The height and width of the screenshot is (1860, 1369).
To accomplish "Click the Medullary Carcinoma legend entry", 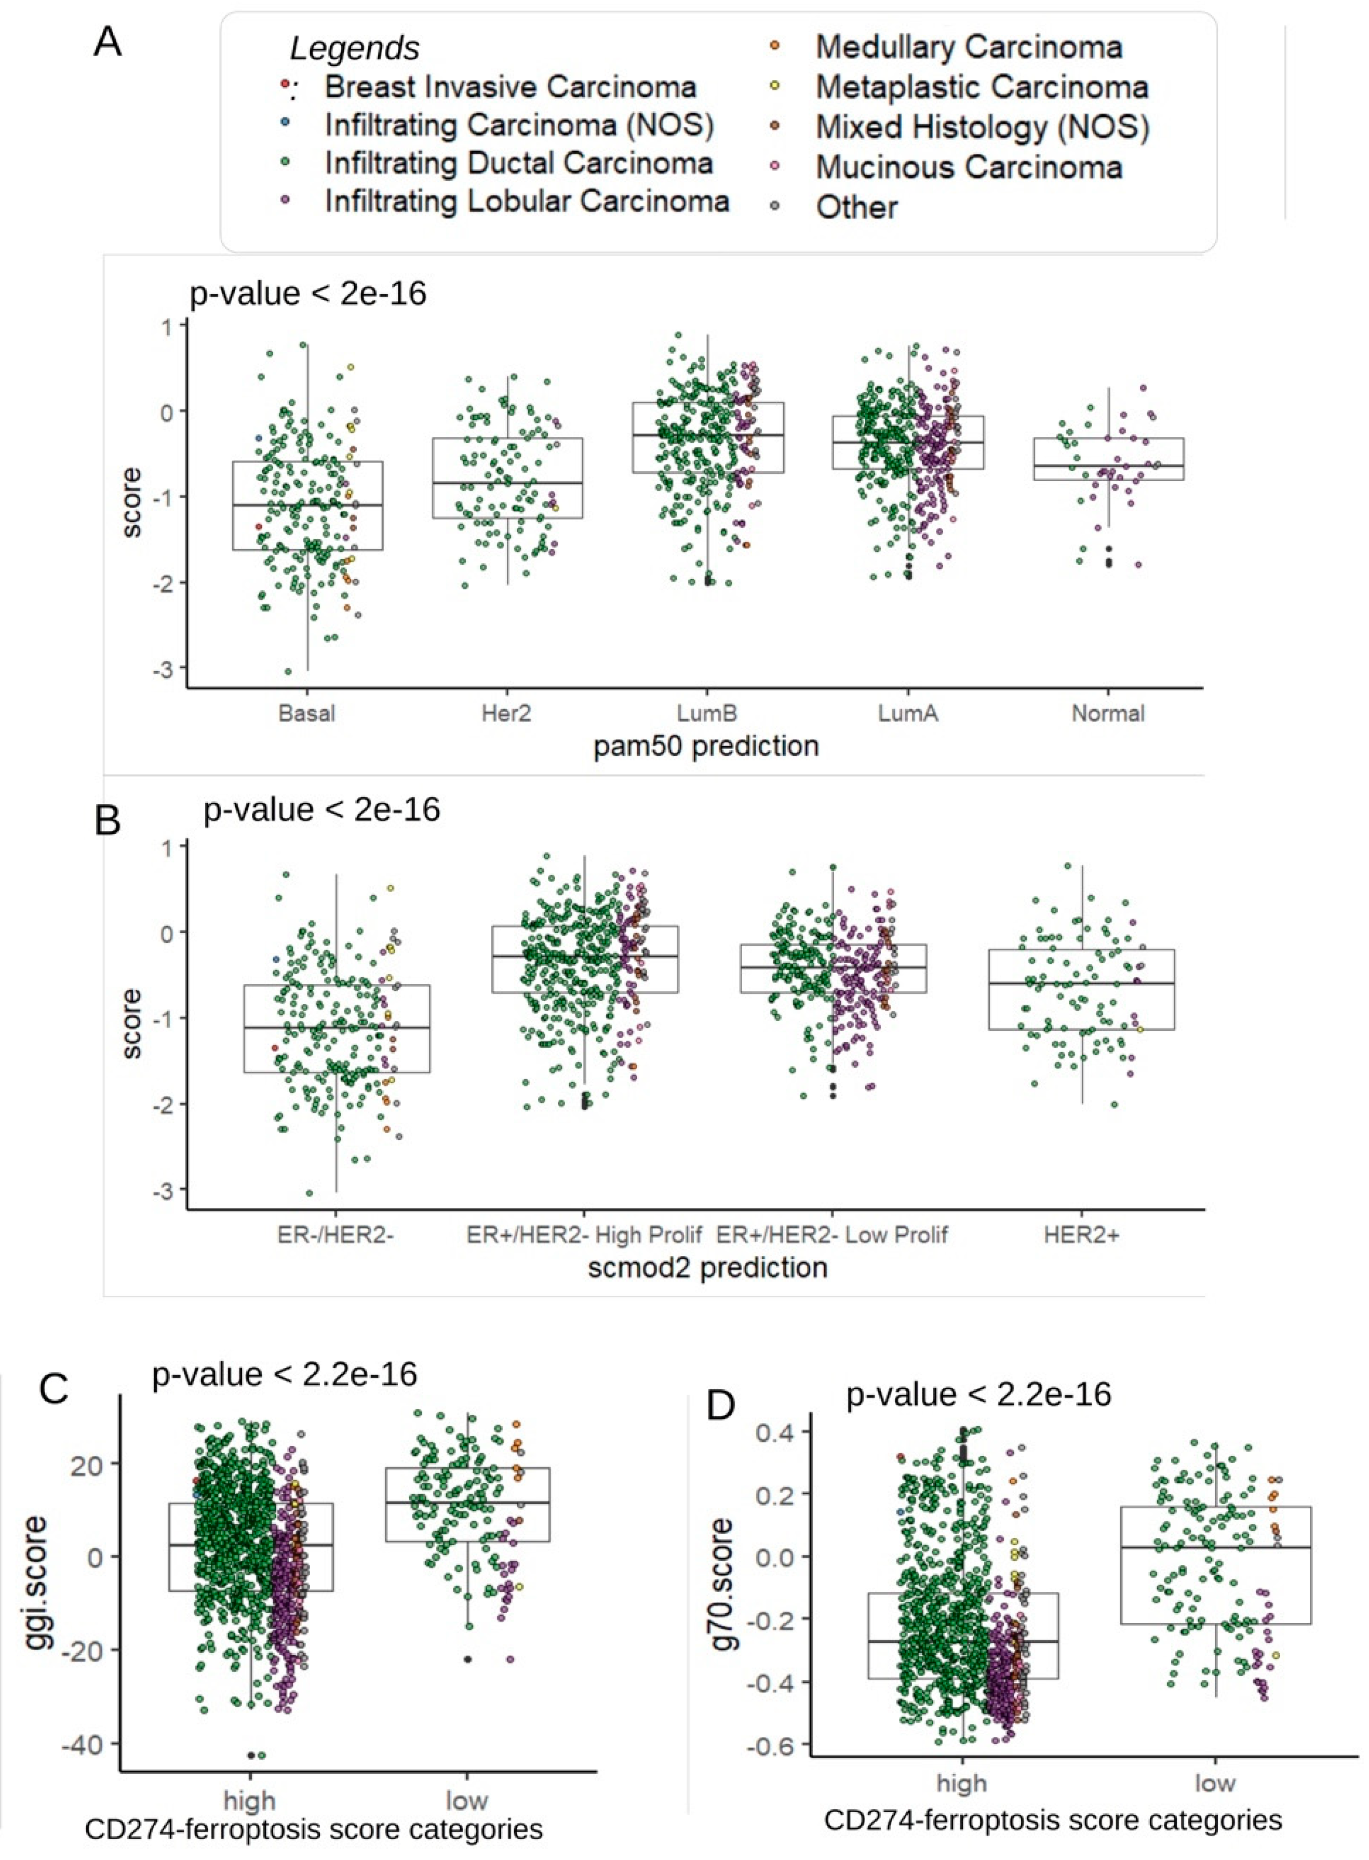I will tap(968, 47).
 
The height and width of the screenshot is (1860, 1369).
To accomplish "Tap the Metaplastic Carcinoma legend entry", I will tap(981, 87).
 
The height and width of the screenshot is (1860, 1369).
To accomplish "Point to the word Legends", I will tap(355, 49).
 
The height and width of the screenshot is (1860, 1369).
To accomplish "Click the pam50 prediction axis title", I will tap(706, 746).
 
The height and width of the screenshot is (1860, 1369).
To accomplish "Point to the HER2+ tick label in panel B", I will tap(1081, 1235).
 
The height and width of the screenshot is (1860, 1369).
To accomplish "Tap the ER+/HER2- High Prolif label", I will tap(584, 1235).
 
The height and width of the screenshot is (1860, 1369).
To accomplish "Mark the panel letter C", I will tap(55, 1388).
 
